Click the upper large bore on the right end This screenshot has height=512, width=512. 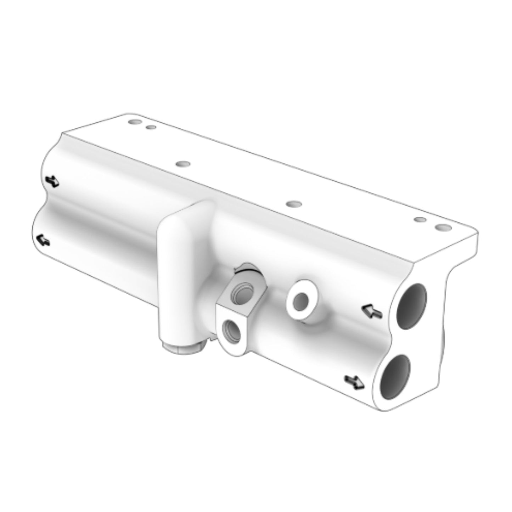411,307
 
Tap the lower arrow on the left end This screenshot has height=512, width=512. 43,240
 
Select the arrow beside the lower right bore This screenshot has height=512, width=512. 355,382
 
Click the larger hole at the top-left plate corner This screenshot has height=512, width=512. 134,122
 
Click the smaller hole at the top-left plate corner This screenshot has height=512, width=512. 151,127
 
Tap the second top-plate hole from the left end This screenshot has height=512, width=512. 183,164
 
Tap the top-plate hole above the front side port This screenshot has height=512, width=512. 294,204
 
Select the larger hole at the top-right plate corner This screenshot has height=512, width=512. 441,227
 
